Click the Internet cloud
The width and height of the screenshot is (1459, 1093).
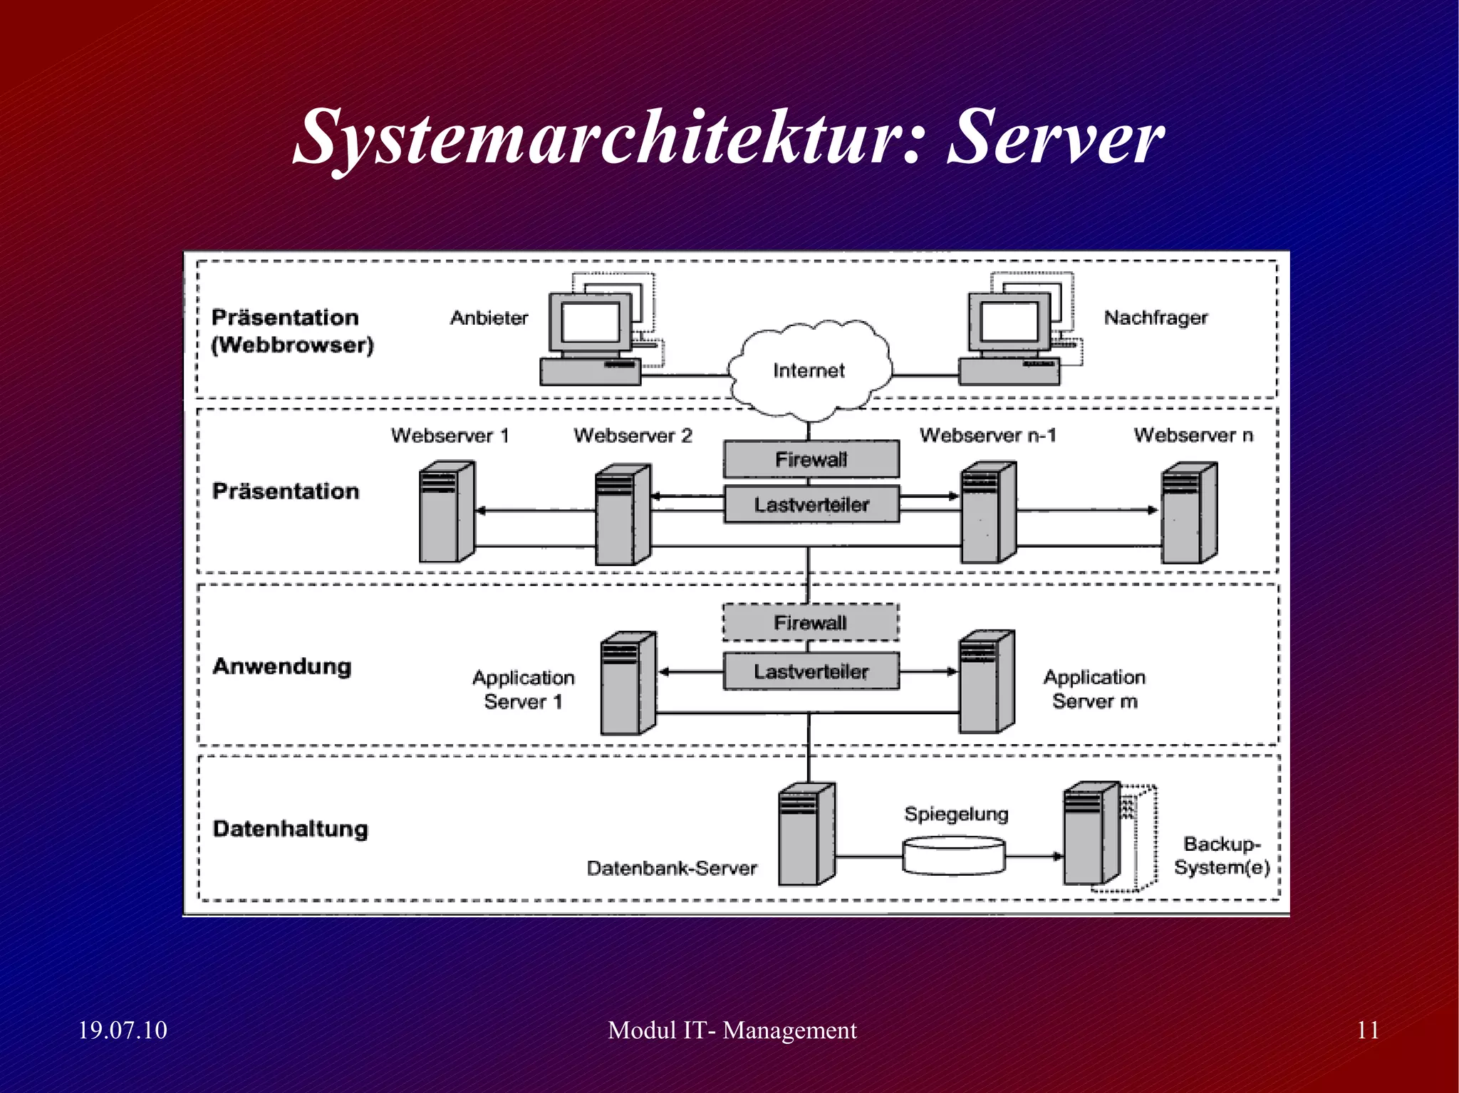click(809, 370)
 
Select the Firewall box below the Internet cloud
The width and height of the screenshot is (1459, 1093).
click(811, 459)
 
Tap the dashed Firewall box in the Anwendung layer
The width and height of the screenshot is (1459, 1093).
click(811, 623)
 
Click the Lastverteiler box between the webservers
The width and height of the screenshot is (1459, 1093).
click(811, 505)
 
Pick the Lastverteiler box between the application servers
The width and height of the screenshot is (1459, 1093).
click(811, 671)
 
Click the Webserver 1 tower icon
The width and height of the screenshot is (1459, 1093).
click(446, 512)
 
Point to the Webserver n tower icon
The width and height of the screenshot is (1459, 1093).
click(1189, 512)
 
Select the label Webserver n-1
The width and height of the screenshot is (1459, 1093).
click(987, 435)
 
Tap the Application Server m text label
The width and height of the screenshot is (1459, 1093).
click(1094, 689)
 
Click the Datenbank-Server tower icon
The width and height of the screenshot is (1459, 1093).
click(806, 835)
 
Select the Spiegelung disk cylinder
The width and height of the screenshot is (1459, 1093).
click(954, 856)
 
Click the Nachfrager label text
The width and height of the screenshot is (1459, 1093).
click(1156, 318)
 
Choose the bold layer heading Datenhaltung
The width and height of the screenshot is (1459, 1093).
click(291, 829)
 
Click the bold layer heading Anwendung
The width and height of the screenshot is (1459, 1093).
click(282, 666)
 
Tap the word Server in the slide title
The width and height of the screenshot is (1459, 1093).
click(1055, 137)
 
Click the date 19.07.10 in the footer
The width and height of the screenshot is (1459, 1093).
click(123, 1030)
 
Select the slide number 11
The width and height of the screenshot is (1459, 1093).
click(1368, 1030)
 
